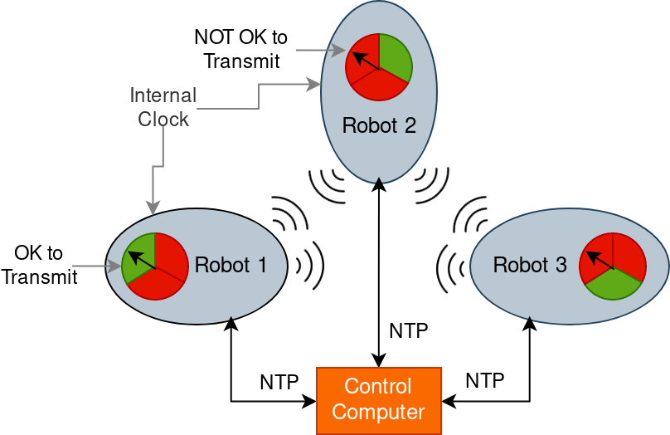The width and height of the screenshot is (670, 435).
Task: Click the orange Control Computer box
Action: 379,400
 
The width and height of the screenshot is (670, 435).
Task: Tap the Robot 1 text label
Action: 231,266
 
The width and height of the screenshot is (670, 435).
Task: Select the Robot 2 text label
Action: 379,127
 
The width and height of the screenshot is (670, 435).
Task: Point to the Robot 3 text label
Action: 530,266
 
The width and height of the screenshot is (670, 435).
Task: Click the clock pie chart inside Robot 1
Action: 155,266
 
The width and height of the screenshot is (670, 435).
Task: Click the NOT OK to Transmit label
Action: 241,49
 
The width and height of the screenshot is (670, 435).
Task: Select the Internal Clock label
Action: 163,107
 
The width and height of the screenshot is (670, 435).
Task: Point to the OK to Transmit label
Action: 39,265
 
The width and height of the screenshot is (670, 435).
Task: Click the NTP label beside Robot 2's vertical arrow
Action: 409,331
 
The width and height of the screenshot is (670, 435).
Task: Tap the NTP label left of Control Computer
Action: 279,382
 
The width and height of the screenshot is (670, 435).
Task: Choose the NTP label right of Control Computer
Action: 485,380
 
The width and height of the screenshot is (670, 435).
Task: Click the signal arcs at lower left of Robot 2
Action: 328,185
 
